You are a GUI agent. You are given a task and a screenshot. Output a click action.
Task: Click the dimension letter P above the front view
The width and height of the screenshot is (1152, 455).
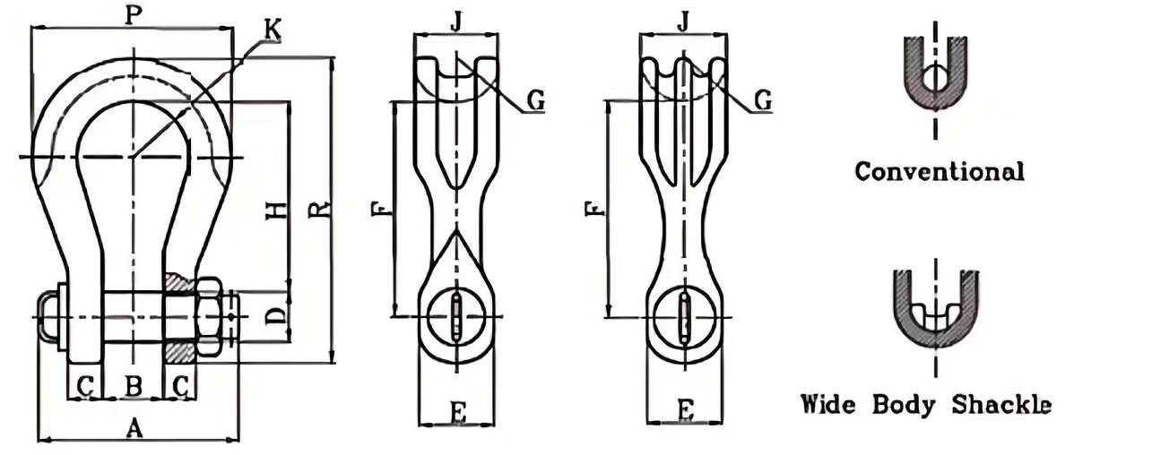132,15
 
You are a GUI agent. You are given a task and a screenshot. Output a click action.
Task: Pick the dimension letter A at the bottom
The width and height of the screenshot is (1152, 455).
134,429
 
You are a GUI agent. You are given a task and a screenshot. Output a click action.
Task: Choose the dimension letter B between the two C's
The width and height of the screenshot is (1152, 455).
133,386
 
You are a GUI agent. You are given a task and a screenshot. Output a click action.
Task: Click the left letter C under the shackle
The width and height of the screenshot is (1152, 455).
86,386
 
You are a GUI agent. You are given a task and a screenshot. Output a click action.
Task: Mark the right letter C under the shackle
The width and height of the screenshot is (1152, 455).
179,386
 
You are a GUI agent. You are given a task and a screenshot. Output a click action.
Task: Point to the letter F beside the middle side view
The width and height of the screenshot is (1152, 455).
381,210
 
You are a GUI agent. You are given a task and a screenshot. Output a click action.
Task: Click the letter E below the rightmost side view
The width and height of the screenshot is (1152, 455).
685,411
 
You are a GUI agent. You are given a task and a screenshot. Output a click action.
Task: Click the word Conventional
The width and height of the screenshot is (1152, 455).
939,171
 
